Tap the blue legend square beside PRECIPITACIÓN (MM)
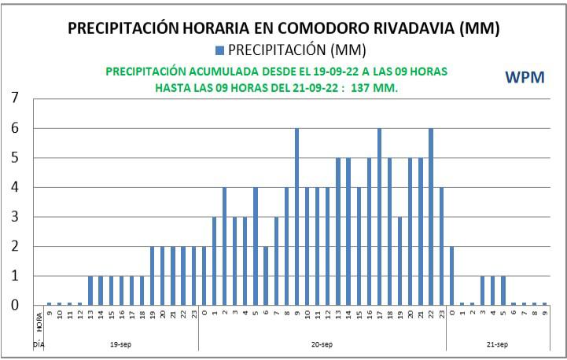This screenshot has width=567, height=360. tap(220, 50)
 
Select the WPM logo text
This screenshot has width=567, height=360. tap(525, 77)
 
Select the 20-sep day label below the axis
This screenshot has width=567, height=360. tap(322, 344)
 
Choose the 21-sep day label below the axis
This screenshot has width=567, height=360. tap(496, 344)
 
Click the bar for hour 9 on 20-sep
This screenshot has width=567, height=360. tap(296, 216)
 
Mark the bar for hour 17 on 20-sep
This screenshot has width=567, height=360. tap(379, 216)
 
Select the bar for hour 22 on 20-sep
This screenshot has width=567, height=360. tap(431, 216)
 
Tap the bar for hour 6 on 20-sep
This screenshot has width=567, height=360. tap(266, 275)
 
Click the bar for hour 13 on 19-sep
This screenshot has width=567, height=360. tap(90, 290)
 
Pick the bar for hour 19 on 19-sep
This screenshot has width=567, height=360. tap(153, 275)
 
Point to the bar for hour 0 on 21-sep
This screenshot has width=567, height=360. tap(451, 275)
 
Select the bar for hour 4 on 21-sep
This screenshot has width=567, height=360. tap(492, 290)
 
